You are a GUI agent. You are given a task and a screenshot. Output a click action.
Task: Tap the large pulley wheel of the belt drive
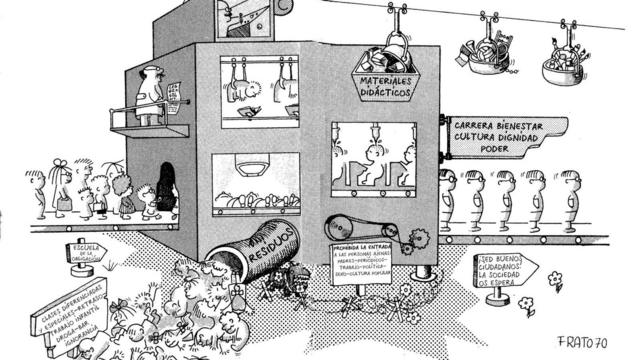(340, 227)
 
